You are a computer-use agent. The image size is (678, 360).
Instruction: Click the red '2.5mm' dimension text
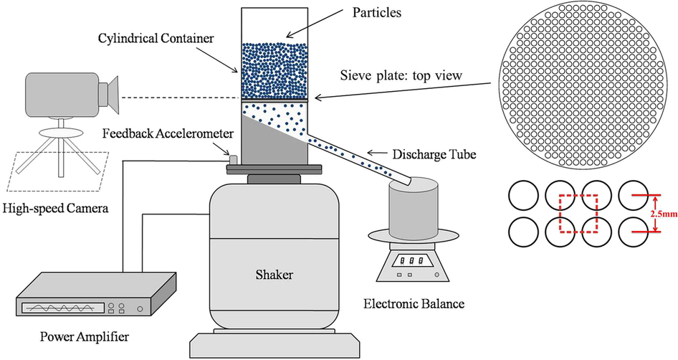[x=655, y=214]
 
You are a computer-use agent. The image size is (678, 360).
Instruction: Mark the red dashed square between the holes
[x=578, y=214]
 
